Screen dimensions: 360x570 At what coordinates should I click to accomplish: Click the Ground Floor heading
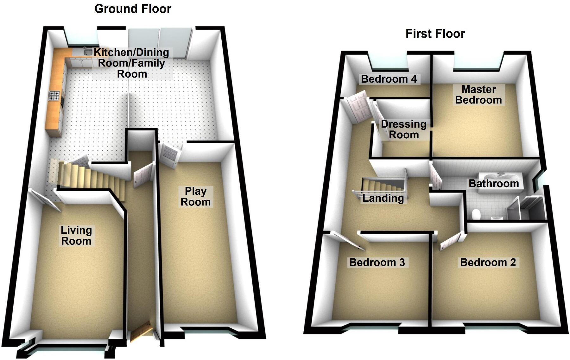point(133,9)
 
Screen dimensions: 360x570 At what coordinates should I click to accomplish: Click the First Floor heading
point(435,34)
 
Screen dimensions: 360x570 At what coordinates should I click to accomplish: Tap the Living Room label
point(76,236)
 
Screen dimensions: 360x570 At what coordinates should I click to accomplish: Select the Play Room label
point(195,197)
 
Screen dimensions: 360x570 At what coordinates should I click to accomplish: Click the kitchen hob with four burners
point(54,96)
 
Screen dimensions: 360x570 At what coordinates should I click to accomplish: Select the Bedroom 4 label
point(389,79)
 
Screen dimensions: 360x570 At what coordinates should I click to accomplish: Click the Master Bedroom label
point(478,95)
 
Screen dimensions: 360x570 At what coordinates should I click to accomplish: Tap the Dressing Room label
point(404,129)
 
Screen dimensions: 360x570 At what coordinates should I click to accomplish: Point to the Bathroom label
point(494,183)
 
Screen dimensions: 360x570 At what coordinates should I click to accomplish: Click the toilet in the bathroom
point(476,214)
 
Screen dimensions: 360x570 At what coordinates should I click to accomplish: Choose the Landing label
point(383,198)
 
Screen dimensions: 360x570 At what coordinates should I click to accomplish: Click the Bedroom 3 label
point(377,262)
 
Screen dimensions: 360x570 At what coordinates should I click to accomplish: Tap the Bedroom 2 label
point(488,262)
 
